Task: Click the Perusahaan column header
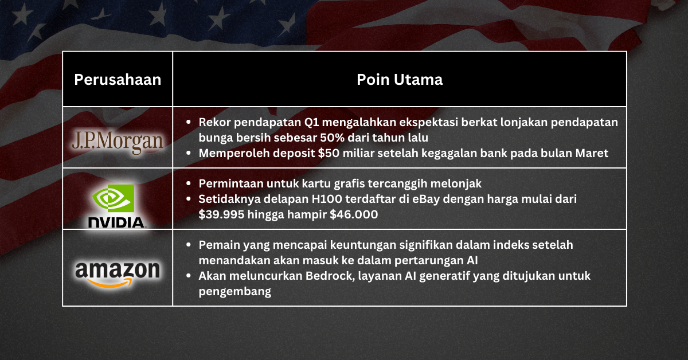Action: click(118, 80)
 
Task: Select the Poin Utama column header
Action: click(400, 80)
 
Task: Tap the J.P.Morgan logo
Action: click(118, 141)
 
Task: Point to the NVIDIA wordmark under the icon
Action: click(117, 222)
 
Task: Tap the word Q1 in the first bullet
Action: click(332, 122)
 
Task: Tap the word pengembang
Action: click(234, 292)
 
